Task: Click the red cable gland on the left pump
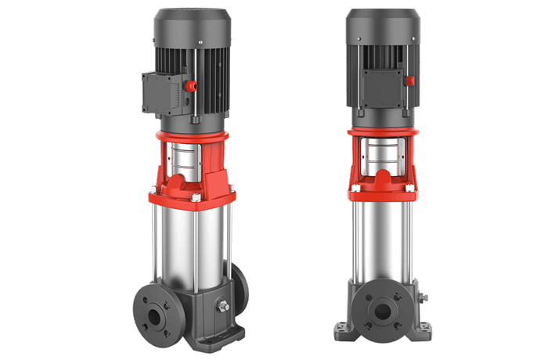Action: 190,85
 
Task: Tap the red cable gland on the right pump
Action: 409,80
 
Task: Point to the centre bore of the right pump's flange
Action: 382,311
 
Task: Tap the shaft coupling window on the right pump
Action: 380,157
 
